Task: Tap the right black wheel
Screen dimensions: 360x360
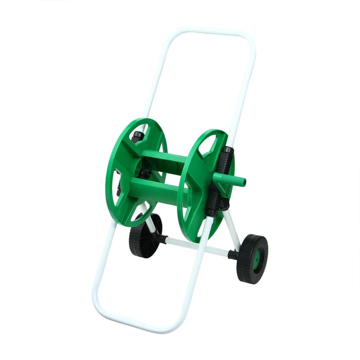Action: pyautogui.click(x=253, y=258)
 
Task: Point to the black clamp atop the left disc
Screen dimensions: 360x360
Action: pyautogui.click(x=137, y=136)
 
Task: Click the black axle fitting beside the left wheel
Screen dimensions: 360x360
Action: pyautogui.click(x=161, y=239)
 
